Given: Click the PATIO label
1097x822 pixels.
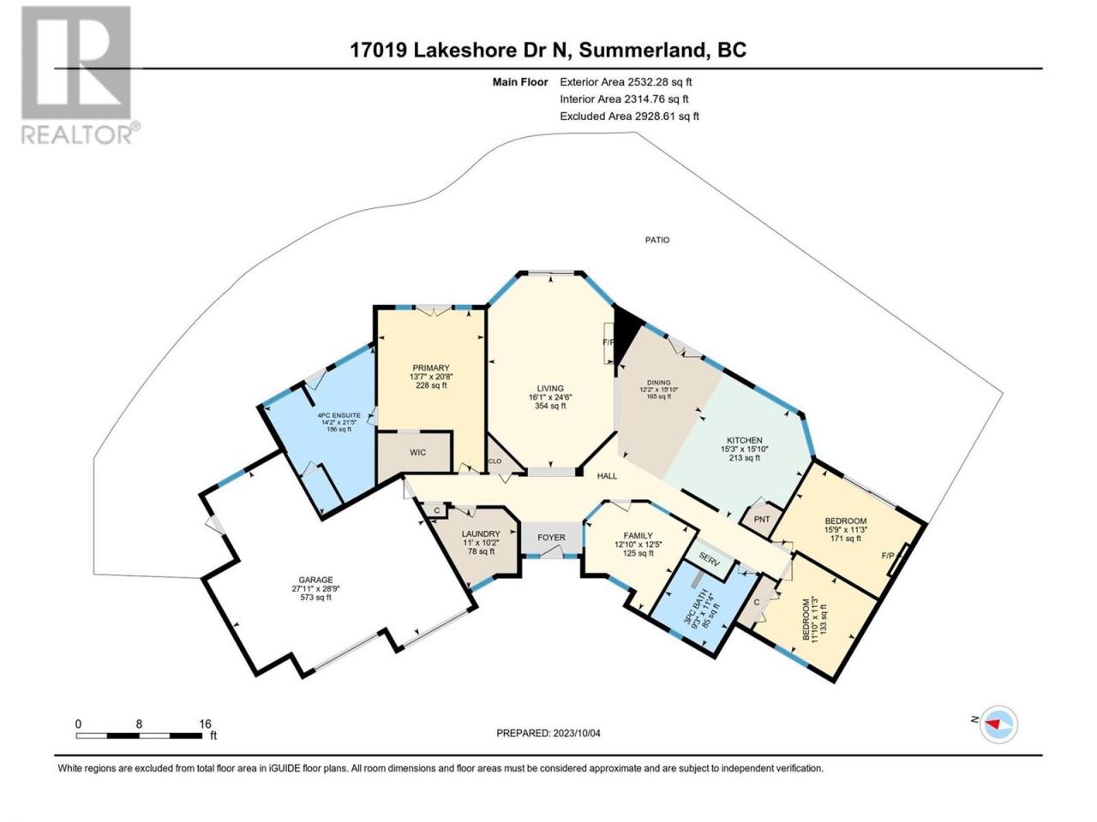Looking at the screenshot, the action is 656,240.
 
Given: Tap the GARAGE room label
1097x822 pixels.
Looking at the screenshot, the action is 315,580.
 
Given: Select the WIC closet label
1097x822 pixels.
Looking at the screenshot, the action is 417,452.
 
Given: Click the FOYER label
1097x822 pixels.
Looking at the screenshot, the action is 551,538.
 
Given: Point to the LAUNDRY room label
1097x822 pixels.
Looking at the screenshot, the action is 481,533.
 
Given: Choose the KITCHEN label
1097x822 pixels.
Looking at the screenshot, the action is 744,440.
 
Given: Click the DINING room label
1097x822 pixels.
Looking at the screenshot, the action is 658,383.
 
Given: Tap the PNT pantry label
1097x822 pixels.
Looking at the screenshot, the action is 762,520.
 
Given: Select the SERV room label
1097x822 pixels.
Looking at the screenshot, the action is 709,561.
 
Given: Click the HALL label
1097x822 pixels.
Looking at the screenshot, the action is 608,476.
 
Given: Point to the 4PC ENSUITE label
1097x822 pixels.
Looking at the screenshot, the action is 339,415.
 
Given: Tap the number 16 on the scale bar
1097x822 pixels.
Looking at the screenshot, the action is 205,724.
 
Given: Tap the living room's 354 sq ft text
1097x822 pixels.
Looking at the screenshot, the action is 550,406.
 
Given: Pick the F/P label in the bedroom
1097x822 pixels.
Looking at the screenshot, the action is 888,555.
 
